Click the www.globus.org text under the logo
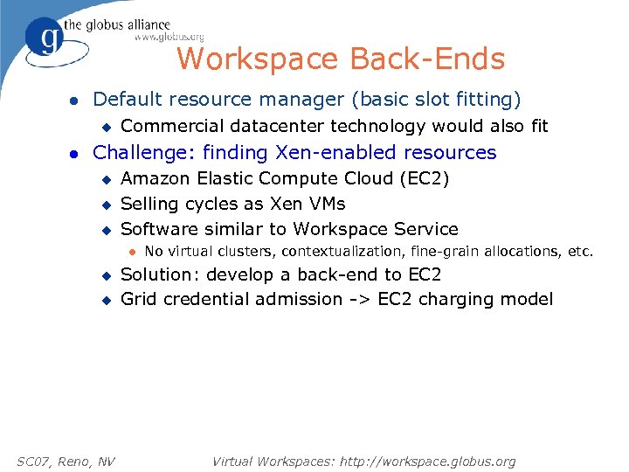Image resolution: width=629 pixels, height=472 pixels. coord(169,38)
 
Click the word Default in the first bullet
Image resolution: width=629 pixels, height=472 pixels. coord(128,100)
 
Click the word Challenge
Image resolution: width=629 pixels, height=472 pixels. coord(141,153)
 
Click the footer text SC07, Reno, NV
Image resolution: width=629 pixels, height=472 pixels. coord(66,461)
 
